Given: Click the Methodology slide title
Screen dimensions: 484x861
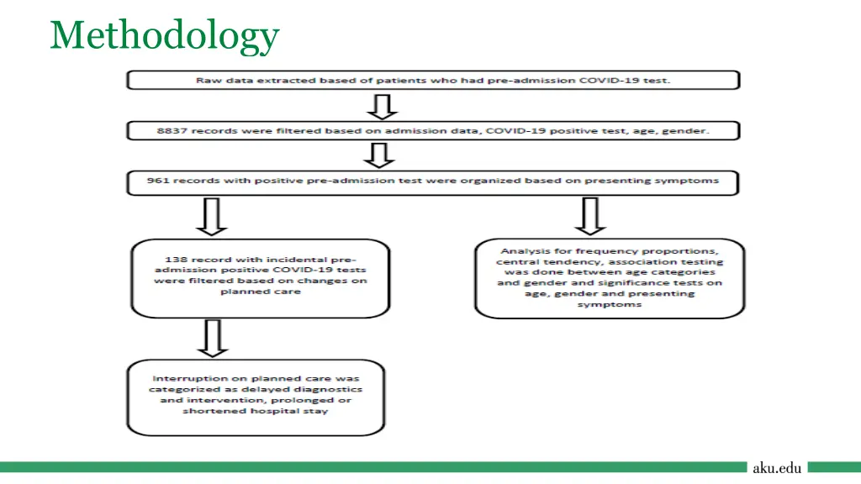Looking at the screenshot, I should (164, 36).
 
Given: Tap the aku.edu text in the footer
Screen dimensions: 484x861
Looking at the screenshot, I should (777, 467).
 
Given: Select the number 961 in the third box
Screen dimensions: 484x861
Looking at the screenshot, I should (158, 181).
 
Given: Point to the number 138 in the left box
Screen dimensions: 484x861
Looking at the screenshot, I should (167, 259).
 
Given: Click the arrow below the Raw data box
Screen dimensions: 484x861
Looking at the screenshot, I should (383, 106).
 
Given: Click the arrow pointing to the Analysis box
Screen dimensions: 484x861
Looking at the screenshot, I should (591, 217).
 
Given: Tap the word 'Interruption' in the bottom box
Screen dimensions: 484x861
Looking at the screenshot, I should (181, 378).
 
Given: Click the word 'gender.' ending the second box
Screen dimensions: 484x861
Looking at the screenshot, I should (691, 131).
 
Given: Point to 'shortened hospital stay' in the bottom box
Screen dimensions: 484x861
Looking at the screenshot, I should (256, 411).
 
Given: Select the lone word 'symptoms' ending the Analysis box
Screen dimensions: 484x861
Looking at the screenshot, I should (610, 304).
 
